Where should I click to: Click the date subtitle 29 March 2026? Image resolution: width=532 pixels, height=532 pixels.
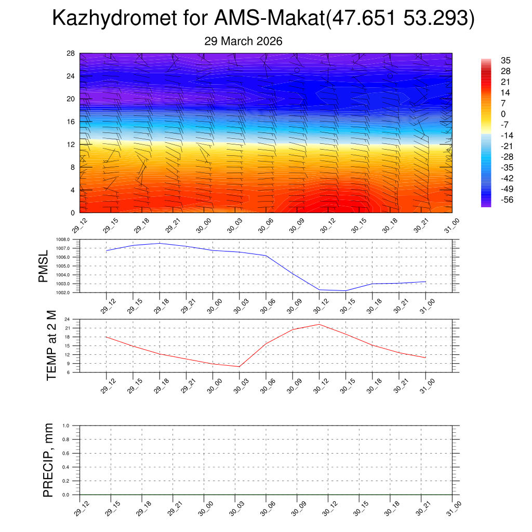243,42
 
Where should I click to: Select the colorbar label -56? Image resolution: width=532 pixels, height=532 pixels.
507,199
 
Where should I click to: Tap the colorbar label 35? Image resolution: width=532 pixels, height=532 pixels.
506,60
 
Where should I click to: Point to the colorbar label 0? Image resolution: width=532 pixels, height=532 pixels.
503,114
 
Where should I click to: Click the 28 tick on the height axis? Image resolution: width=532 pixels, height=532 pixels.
71,54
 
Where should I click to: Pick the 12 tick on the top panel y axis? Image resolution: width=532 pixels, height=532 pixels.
71,144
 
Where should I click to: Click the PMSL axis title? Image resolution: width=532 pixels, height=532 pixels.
43,266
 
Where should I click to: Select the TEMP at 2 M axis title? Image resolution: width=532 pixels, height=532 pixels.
51,345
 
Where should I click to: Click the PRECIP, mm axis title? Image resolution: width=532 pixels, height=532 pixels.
48,460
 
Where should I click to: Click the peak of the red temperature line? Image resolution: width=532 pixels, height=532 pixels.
318,324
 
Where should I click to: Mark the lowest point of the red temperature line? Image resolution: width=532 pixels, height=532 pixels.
239,367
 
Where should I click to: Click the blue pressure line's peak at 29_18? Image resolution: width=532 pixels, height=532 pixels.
159,243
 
